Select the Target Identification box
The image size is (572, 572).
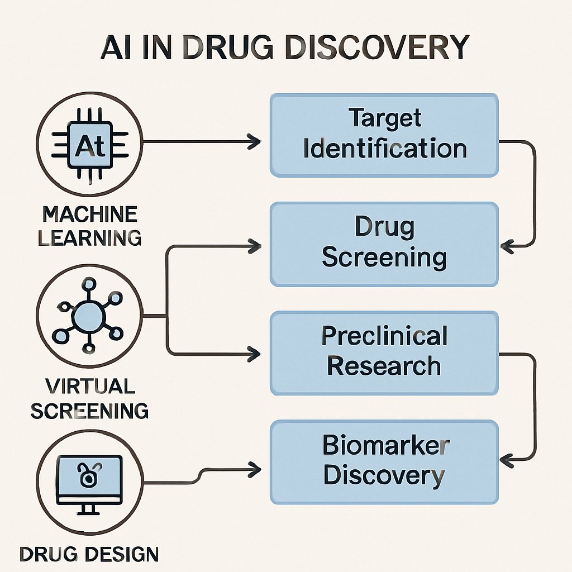pos(384,135)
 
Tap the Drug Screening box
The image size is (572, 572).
pos(384,244)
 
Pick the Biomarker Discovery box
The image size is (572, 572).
pos(384,462)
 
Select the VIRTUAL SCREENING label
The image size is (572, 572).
pos(89,398)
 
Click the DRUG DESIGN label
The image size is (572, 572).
pos(89,554)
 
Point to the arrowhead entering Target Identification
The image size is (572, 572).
pos(254,142)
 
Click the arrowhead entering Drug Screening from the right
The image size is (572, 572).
pos(507,244)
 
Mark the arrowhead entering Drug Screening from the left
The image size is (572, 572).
pos(254,245)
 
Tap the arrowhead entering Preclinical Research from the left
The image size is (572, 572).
pos(254,353)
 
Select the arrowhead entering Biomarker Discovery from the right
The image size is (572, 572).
pos(507,461)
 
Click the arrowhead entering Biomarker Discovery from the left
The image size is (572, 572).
pos(254,467)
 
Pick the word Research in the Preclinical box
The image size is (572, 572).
pos(384,366)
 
